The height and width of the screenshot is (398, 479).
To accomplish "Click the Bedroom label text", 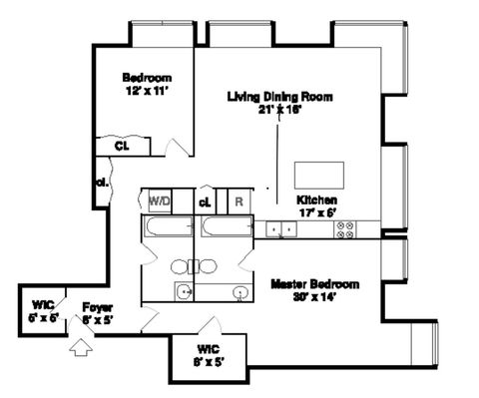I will [x=147, y=78].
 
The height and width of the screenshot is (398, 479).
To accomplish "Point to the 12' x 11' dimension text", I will [x=147, y=91].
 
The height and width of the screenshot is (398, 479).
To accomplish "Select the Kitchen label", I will [x=315, y=199].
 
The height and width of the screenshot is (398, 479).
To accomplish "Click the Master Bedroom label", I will [x=314, y=284].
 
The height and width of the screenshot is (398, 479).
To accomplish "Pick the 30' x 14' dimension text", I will [x=314, y=296].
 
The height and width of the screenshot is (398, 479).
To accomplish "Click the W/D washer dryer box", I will [x=160, y=200].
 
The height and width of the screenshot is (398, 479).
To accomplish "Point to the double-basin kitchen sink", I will [x=282, y=228].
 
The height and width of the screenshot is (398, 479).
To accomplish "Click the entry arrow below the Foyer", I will [x=83, y=348].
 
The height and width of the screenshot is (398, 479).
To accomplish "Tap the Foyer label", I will [x=97, y=308].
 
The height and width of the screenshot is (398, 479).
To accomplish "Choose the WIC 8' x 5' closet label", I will [x=209, y=354].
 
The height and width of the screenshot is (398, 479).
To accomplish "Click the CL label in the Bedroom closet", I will [x=122, y=146].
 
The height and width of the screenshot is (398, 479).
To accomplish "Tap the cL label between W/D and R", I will [x=205, y=200].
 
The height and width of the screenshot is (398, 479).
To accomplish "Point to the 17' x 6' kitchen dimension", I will [x=315, y=210].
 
